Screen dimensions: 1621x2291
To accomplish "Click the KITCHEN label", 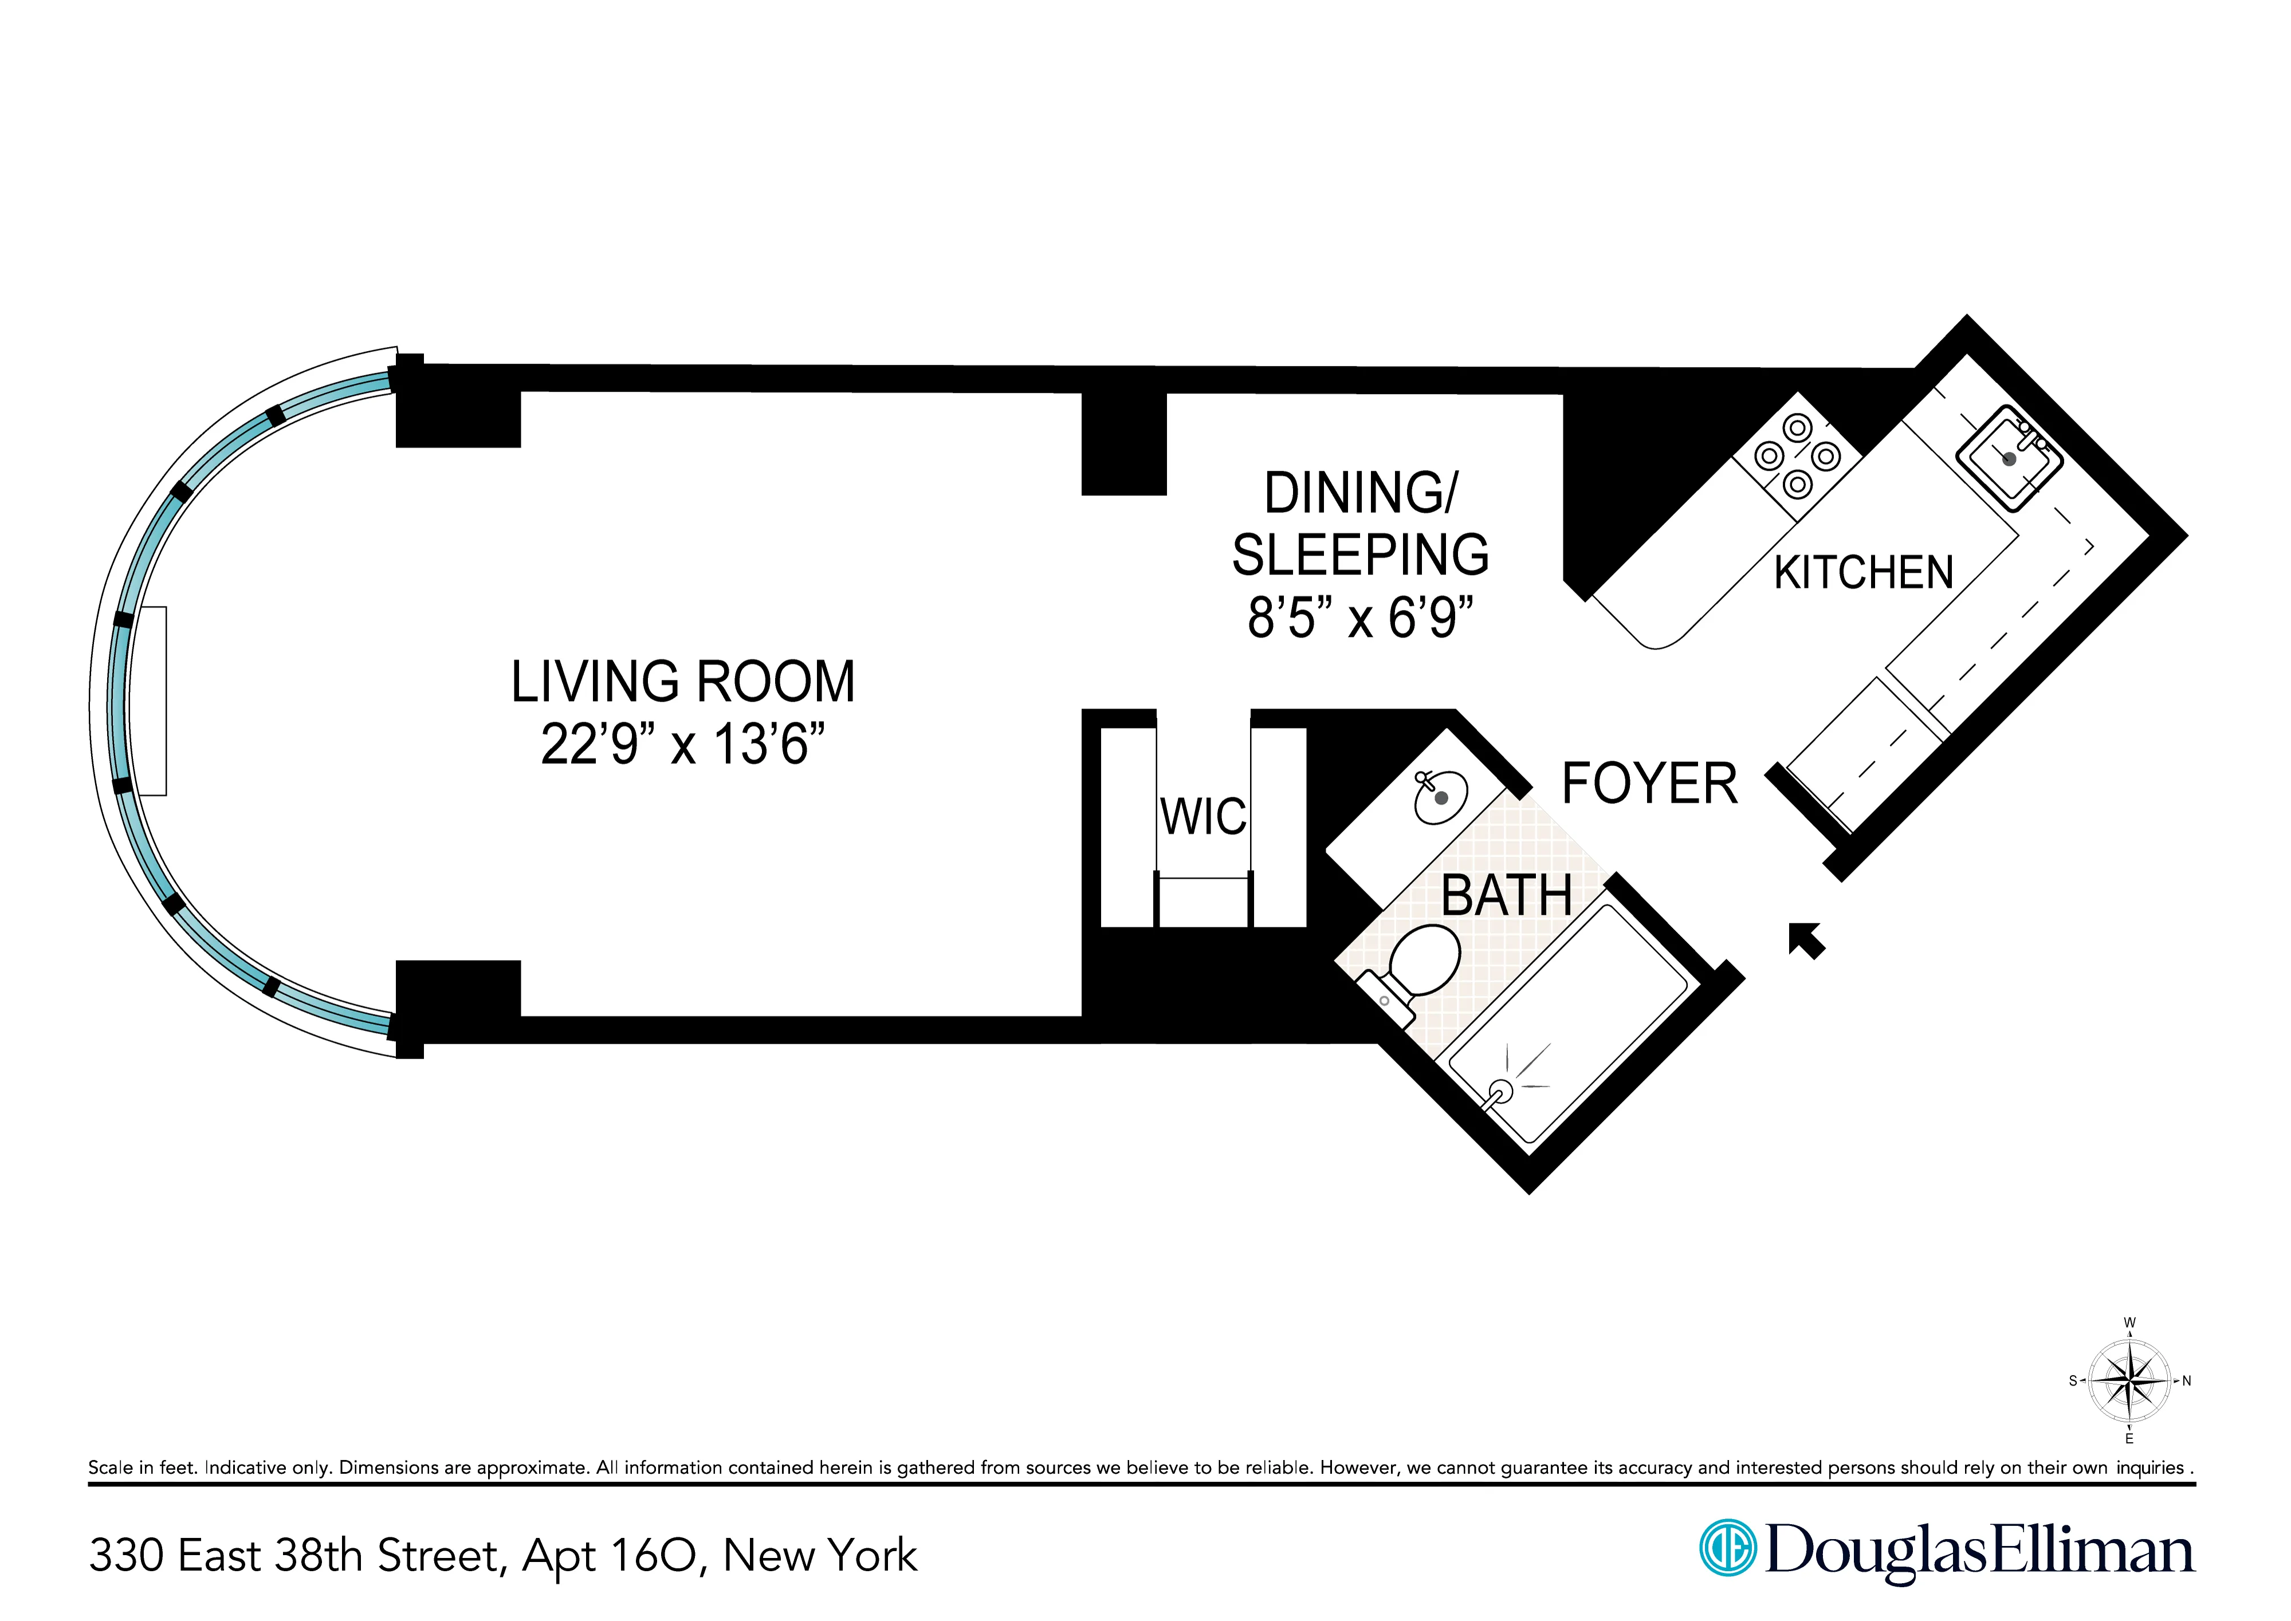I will tap(1862, 573).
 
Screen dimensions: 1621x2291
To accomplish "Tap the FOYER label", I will tap(1649, 784).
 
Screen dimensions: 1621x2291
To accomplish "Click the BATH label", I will tap(1506, 895).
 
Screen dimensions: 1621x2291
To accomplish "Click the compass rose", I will tap(2129, 1382).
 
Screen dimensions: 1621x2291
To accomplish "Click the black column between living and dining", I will tap(1124, 444).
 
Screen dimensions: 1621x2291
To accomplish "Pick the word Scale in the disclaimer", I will tap(110, 1467).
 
